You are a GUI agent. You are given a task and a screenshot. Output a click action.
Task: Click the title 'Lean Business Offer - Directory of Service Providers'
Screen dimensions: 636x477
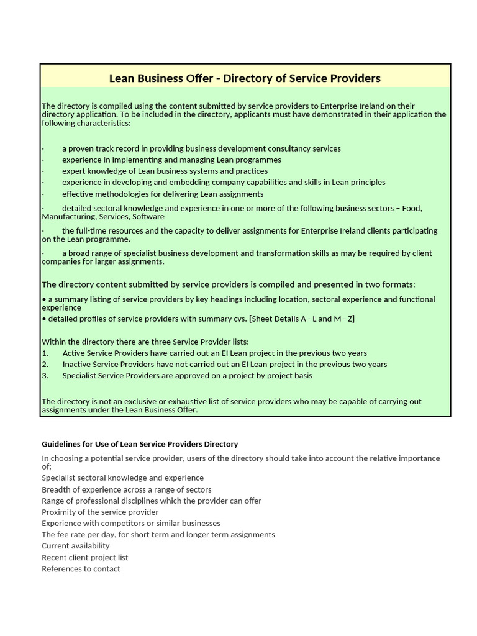coord(245,78)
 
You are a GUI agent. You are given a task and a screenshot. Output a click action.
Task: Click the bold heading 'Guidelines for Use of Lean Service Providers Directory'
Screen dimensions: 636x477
coord(140,444)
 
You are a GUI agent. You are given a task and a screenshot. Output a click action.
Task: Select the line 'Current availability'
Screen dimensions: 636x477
coord(76,546)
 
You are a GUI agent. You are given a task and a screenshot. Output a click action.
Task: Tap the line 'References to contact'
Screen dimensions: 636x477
coord(81,569)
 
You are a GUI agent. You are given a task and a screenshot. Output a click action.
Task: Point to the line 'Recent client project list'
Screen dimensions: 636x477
coord(85,558)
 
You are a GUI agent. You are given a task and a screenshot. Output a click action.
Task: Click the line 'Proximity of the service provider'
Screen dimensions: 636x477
coord(100,512)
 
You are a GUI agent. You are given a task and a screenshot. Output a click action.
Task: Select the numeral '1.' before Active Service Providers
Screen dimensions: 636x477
coord(45,353)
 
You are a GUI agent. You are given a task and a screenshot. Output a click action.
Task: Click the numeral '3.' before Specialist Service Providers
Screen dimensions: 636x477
coord(45,376)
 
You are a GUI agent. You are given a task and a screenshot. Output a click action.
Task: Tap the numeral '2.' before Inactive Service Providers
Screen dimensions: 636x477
coord(45,365)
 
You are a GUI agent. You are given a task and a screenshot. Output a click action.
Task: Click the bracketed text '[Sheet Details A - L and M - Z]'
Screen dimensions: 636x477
coord(301,319)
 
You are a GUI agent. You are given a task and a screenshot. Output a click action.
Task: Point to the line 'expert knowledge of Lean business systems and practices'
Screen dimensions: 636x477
coord(165,171)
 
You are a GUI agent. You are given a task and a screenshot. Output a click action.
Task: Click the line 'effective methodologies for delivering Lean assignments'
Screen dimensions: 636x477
coord(163,194)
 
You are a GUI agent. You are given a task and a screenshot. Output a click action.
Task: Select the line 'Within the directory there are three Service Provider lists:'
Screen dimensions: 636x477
coord(145,342)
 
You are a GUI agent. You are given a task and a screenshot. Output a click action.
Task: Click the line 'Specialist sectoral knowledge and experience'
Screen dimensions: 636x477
coord(122,478)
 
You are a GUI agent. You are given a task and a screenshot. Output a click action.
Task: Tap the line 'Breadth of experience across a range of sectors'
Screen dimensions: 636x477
coord(127,489)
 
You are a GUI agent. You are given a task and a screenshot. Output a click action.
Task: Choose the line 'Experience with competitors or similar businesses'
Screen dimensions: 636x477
coord(131,524)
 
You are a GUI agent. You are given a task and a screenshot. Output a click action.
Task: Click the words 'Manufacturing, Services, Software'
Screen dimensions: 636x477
coord(103,217)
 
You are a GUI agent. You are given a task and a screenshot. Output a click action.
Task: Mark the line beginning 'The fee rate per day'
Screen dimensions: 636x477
coord(158,535)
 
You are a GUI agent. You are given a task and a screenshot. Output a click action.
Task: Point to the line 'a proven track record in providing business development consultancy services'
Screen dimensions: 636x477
coord(201,148)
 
